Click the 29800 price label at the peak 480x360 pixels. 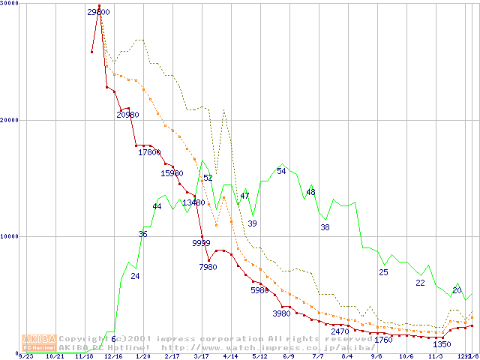point(98,12)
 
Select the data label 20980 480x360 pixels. point(127,115)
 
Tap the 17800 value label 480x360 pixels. point(149,152)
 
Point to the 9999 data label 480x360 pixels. point(201,242)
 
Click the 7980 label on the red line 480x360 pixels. point(208,267)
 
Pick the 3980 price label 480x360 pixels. point(281,313)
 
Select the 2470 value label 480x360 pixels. point(340,331)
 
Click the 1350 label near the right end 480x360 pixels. point(442,344)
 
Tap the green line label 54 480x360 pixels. point(281,171)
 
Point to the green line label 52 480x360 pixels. point(208,178)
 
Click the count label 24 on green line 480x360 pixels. point(135,276)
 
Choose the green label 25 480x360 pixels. point(383,271)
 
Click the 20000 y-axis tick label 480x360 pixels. point(10,120)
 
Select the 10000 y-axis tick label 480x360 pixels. point(10,236)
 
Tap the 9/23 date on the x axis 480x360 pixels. point(25,356)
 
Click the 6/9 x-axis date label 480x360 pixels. point(288,356)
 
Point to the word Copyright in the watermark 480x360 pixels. point(83,338)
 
